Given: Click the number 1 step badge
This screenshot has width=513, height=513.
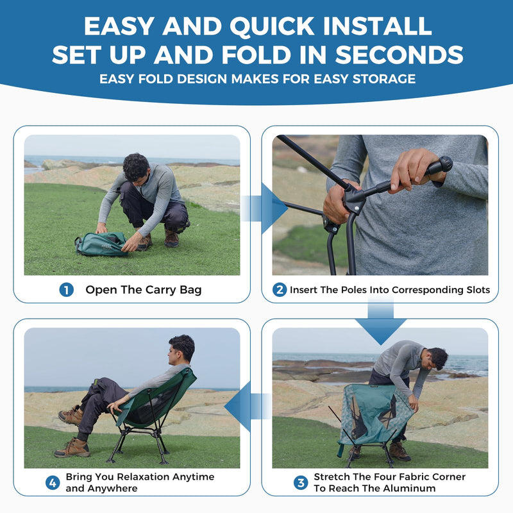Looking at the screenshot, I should coord(67,290).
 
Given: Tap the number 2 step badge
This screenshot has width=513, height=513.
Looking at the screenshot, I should coord(280,290).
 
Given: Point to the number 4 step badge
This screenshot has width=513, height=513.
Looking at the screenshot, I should coord(53,482).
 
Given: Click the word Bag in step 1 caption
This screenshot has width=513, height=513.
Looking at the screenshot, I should coord(190,290).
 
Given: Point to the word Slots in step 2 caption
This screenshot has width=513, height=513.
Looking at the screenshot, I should coord(474,290).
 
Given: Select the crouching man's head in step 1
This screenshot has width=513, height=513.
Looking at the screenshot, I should coord(135,167).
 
